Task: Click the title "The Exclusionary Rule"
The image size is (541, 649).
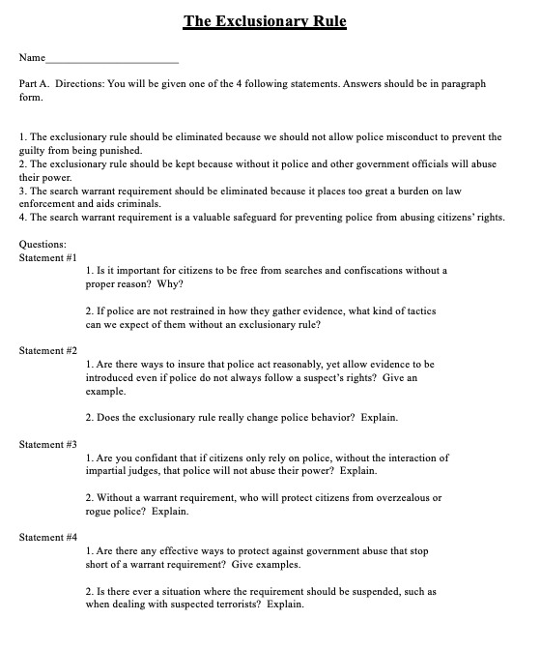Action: [265, 20]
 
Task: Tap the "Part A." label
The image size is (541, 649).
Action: [35, 85]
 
